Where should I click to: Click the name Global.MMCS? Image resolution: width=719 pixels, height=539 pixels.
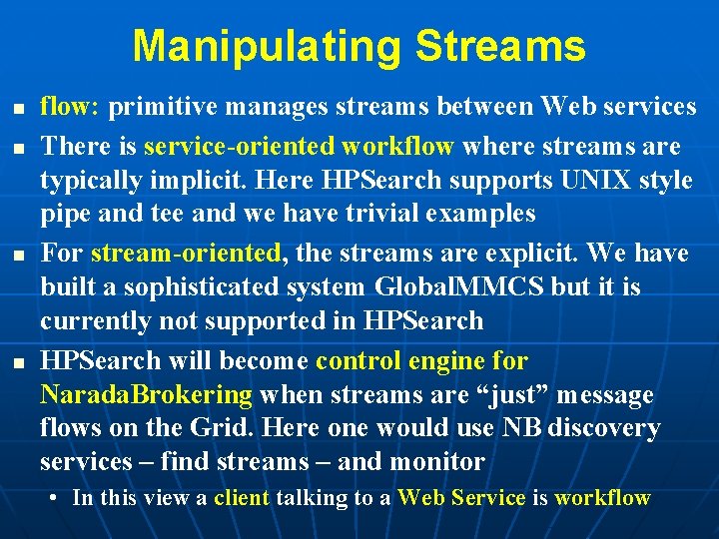[459, 287]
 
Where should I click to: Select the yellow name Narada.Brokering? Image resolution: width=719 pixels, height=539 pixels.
[146, 395]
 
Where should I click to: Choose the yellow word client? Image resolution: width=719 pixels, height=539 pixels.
[242, 497]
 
